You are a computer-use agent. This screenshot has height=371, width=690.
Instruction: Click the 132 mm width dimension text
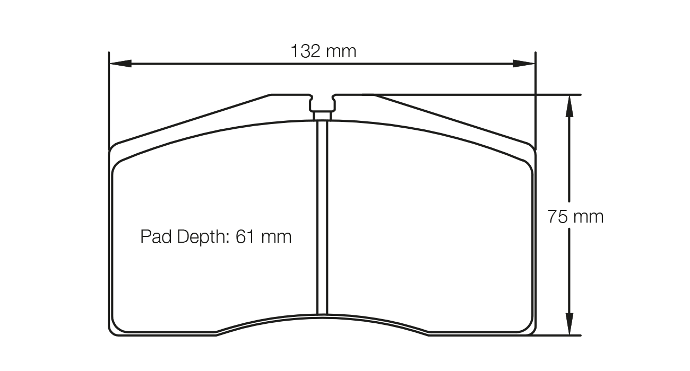pyautogui.click(x=323, y=51)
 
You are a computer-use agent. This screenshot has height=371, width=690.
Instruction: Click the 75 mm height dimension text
pyautogui.click(x=576, y=217)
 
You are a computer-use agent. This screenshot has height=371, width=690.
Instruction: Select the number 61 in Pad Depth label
pyautogui.click(x=245, y=236)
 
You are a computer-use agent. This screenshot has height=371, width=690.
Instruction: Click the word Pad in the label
pyautogui.click(x=157, y=236)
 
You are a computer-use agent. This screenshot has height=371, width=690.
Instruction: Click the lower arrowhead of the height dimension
pyautogui.click(x=569, y=324)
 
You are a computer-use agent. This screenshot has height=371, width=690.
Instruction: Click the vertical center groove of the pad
pyautogui.click(x=322, y=217)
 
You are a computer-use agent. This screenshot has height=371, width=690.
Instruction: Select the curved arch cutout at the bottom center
pyautogui.click(x=322, y=319)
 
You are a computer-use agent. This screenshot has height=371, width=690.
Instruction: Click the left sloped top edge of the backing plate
pyautogui.click(x=191, y=119)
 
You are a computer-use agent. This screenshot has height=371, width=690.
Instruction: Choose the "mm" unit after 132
pyautogui.click(x=341, y=51)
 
